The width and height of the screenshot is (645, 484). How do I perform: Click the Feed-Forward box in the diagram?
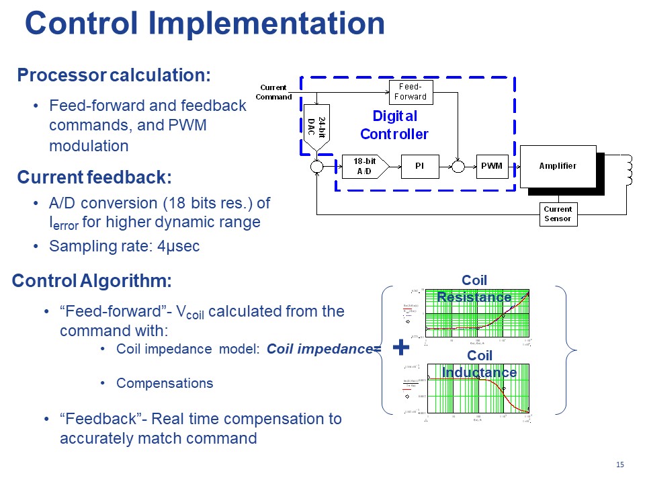(x=411, y=92)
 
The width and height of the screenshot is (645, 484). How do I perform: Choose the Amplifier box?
(x=558, y=166)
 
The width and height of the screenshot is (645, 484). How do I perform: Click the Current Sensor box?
(x=558, y=214)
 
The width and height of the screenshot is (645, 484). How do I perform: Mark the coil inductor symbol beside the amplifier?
(x=628, y=170)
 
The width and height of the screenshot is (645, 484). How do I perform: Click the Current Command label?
(x=274, y=92)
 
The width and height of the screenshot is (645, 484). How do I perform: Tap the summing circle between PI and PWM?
(x=457, y=166)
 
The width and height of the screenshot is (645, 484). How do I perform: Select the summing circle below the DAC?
(x=316, y=166)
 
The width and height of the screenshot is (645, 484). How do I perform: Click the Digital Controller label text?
(x=394, y=125)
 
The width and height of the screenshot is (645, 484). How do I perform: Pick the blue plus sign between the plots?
(x=400, y=348)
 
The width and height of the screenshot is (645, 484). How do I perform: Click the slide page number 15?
(x=619, y=465)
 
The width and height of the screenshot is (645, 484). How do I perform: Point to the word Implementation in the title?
(x=267, y=24)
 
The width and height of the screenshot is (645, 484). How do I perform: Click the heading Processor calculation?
(x=114, y=75)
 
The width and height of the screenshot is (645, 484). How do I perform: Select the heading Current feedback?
(x=94, y=177)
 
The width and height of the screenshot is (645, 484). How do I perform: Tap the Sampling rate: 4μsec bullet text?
(x=124, y=246)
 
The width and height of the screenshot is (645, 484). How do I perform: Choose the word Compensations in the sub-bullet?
(x=165, y=383)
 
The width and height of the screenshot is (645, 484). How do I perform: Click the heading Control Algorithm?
(x=92, y=280)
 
